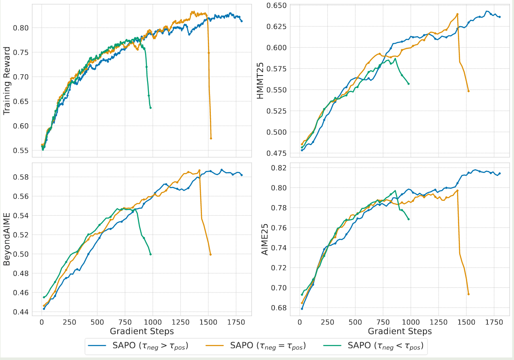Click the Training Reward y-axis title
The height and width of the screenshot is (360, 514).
coord(7,79)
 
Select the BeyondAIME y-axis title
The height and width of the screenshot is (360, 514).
coord(7,238)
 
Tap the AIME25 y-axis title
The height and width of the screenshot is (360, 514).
coord(265,238)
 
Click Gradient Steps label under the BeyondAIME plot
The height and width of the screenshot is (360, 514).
coord(142,330)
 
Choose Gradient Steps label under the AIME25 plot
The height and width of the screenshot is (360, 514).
coord(400,330)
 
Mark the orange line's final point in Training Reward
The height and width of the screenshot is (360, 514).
coord(211,138)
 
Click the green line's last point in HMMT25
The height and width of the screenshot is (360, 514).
coord(409,84)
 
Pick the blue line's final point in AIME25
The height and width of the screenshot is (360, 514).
coord(500,173)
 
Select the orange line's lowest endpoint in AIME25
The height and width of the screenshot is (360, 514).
coord(468,294)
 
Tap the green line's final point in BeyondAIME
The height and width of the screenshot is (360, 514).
coord(151,254)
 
